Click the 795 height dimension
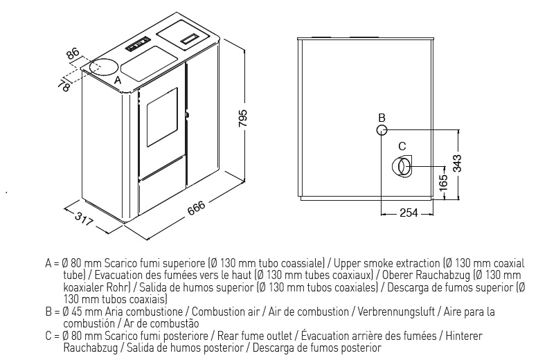tap(243, 118)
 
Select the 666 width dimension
tap(197, 208)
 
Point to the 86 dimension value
tap(73, 54)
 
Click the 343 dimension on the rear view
tap(457, 163)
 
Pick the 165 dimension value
tap(443, 181)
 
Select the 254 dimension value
tap(409, 213)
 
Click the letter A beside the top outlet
tap(118, 80)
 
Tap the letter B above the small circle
tap(382, 118)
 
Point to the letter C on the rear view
tap(402, 146)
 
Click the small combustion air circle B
tap(382, 130)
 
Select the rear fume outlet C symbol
tap(402, 165)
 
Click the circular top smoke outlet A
tap(103, 66)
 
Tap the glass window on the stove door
tap(162, 117)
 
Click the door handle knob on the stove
tap(188, 115)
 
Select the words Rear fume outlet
tap(255, 336)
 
